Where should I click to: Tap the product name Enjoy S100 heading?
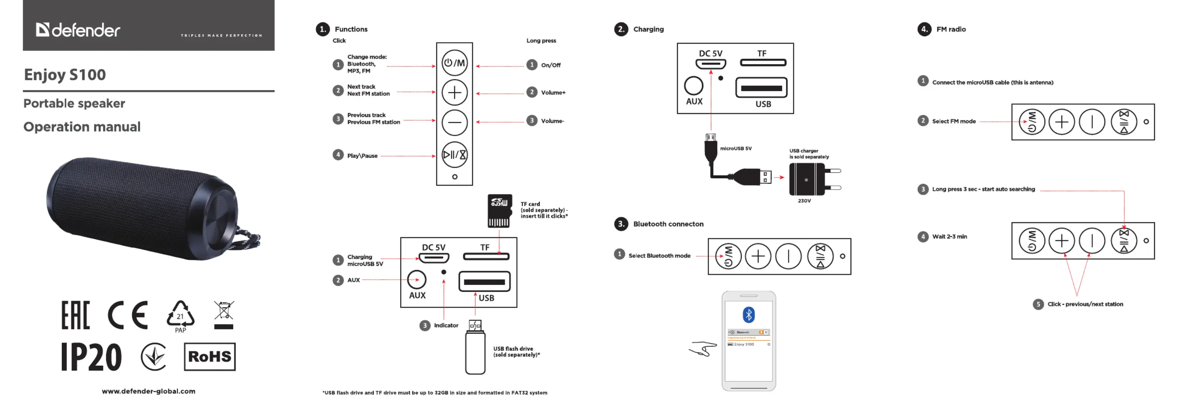tap(65, 75)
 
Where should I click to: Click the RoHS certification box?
tap(210, 356)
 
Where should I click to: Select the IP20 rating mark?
tap(92, 357)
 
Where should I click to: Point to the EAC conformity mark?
tap(76, 315)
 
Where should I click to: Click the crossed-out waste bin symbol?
tap(224, 315)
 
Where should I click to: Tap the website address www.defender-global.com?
tap(148, 391)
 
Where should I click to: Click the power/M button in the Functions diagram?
tap(454, 63)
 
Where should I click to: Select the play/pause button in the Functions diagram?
tap(454, 155)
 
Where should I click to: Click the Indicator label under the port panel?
tap(446, 325)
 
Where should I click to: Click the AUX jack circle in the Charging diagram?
tap(694, 86)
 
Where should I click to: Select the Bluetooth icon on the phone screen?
tap(749, 315)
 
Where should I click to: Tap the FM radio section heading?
tap(951, 30)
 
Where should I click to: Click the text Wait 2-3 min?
tap(949, 236)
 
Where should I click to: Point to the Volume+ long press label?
tap(553, 93)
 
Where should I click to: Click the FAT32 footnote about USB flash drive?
tap(434, 393)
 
